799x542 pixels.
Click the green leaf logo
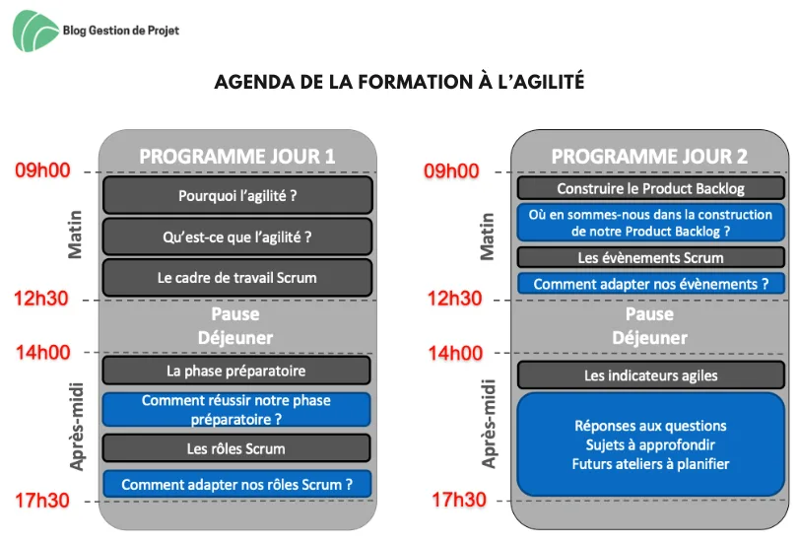pos(34,32)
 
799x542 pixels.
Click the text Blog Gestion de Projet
pos(121,31)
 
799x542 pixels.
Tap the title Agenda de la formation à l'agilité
pos(399,82)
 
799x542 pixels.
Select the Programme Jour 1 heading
pos(237,157)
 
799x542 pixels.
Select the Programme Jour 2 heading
pos(649,157)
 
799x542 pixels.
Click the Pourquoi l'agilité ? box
pos(237,195)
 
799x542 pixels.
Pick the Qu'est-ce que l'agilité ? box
pos(237,237)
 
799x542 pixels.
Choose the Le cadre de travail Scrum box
pos(237,278)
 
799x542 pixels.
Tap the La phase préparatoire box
pos(236,371)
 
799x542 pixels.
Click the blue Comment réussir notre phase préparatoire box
pos(236,409)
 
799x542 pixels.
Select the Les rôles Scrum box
pos(236,448)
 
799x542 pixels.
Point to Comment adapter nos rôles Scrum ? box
pos(237,485)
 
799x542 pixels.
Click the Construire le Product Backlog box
pos(650,188)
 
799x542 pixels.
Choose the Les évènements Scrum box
pos(650,257)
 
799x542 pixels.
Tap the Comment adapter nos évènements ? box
pos(650,284)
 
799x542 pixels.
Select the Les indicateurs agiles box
pos(650,375)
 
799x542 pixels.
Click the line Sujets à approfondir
pos(650,445)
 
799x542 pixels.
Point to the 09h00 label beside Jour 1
pos(42,170)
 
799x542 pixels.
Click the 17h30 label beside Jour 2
pos(459,500)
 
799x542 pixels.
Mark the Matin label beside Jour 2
pos(488,237)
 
